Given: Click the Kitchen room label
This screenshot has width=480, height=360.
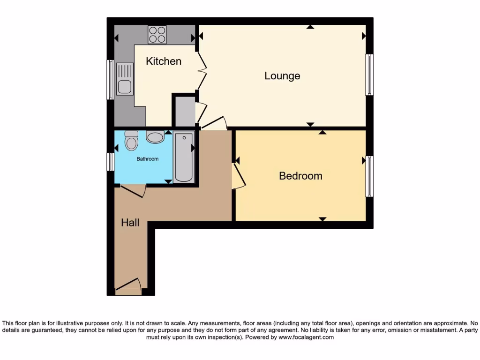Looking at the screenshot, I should point(164,61).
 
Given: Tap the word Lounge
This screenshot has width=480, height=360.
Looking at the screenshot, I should point(282,75).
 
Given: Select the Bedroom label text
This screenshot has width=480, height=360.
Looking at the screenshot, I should point(300,176).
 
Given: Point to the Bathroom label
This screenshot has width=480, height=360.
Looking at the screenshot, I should point(147,159).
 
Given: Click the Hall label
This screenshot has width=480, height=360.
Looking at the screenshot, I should point(130,223).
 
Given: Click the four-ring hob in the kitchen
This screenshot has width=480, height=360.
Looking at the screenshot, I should point(157,34).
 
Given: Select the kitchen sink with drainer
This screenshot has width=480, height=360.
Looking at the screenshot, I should point(125,79).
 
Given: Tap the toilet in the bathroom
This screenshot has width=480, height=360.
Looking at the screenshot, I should point(132,141).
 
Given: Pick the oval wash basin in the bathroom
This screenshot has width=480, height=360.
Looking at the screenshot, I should point(155,137).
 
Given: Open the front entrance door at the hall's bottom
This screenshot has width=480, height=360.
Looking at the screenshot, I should point(128,287).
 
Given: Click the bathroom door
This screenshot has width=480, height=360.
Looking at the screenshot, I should point(134,190).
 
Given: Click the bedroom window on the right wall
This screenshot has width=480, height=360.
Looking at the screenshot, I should point(369,176).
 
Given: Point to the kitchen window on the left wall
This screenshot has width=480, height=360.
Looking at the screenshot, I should point(111,79).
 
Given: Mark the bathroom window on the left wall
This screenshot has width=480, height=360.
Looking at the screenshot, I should point(111,162).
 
